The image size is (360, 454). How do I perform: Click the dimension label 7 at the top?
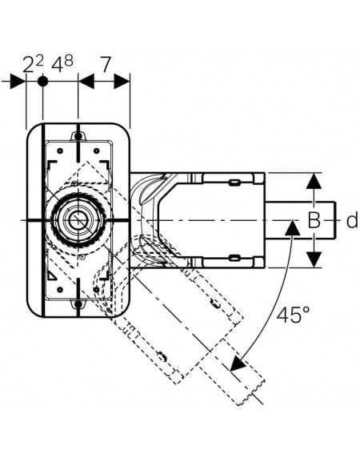tap(106, 65)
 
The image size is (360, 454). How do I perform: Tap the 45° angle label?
tap(293, 314)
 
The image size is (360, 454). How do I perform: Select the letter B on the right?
tap(314, 220)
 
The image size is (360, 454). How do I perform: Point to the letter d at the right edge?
tap(352, 220)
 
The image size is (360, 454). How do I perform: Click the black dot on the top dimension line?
tap(43, 82)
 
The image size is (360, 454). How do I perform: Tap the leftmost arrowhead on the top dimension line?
tap(18, 82)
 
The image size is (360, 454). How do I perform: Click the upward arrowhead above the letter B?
tap(314, 181)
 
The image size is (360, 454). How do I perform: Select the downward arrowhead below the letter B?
tap(314, 259)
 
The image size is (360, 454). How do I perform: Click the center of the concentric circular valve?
tap(78, 220)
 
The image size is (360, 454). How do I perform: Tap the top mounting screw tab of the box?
tap(78, 136)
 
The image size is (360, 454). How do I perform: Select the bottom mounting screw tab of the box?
tap(78, 304)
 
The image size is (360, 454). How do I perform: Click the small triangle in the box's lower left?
tap(52, 276)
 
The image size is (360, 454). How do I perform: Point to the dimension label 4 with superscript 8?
tap(62, 64)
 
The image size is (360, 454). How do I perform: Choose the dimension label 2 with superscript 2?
tap(33, 64)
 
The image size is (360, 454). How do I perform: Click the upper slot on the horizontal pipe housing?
tap(234, 183)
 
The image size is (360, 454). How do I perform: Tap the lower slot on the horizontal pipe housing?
tap(234, 257)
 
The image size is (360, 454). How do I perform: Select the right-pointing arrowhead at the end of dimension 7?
tap(122, 82)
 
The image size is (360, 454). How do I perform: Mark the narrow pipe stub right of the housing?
tap(301, 220)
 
